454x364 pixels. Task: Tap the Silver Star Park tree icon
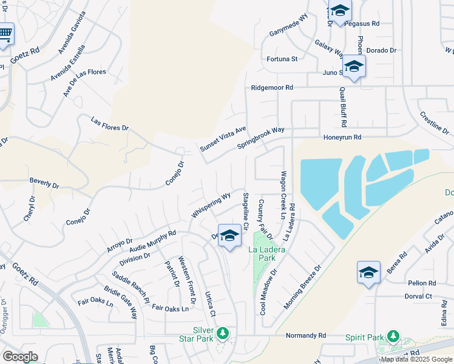223,334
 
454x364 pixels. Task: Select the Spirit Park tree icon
393,335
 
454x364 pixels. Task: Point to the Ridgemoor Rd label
273,88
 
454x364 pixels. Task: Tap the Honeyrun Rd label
342,138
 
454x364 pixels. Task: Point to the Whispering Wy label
211,205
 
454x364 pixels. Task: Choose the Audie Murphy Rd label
151,240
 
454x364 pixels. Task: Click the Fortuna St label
282,59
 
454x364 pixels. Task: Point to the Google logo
20,357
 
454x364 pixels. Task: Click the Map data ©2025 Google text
416,359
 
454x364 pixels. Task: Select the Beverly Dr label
44,182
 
